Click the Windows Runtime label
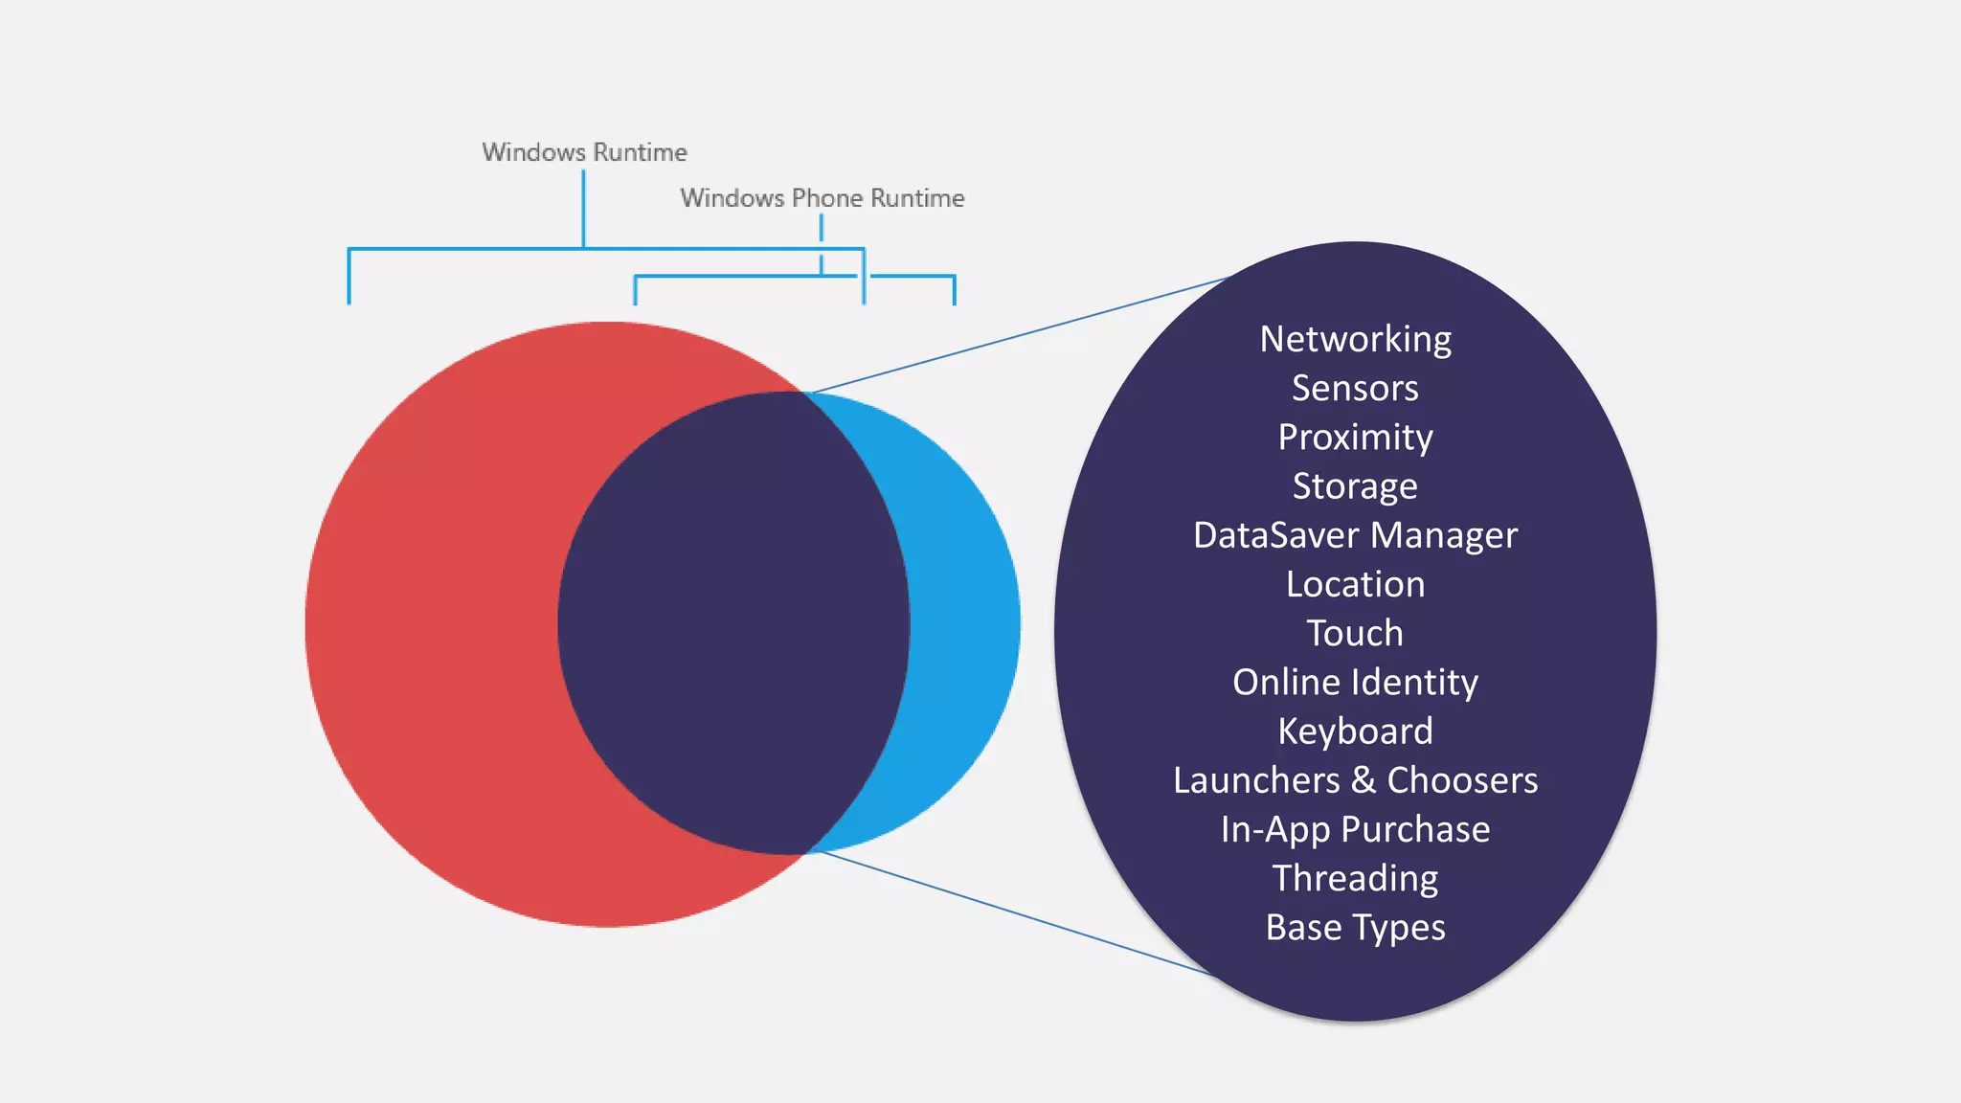584,152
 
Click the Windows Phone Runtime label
822,198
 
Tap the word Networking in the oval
1355,339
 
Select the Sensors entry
1355,388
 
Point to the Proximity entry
1355,438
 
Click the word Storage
1355,486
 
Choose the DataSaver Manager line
1355,535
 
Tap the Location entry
1355,584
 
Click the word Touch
1355,633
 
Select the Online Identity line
1355,682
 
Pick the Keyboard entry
1355,732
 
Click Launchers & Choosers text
1355,780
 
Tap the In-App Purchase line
1355,829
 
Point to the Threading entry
1355,878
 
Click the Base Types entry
1355,927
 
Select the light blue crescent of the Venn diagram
967,622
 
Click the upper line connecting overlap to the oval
1015,336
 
